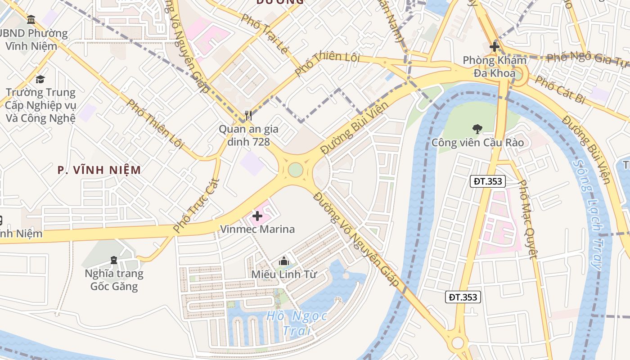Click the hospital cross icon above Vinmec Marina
coord(257,216)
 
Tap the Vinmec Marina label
coord(257,229)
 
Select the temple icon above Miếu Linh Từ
coord(283,261)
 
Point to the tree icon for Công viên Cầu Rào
coord(477,129)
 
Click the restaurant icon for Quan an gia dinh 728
coord(248,116)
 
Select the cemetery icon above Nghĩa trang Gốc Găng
coord(114,260)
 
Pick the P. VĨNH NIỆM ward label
coord(99,170)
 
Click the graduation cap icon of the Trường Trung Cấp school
coord(40,79)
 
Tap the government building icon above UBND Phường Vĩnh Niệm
coord(31,19)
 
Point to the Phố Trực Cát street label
coord(197,206)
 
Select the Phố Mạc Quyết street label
coord(527,220)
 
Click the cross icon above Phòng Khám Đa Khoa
coord(495,46)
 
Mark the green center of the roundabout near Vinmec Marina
coord(295,170)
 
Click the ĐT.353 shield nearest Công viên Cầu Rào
coord(489,181)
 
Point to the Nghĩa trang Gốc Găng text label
coord(114,280)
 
